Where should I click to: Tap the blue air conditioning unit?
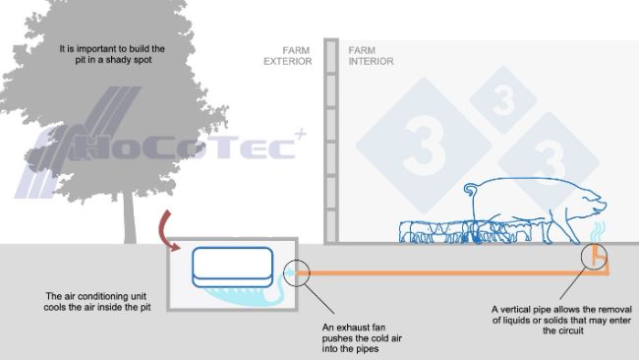pyautogui.click(x=233, y=265)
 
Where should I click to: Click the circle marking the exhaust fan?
pyautogui.click(x=297, y=274)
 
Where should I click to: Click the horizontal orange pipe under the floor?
pyautogui.click(x=442, y=270)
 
